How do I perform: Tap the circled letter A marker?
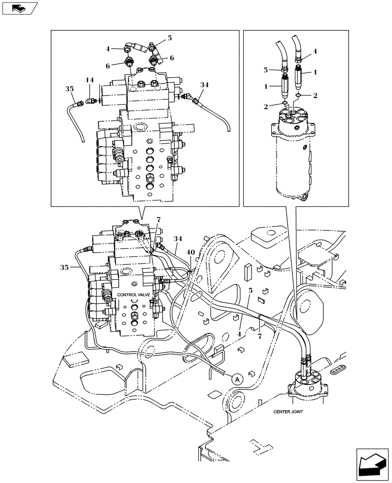[237, 380]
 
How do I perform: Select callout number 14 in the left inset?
[90, 80]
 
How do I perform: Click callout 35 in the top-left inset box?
[70, 89]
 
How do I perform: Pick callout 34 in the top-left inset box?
[205, 85]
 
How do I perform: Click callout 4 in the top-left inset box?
[108, 48]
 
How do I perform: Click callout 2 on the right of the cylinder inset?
[315, 96]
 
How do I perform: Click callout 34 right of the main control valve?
[179, 239]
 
